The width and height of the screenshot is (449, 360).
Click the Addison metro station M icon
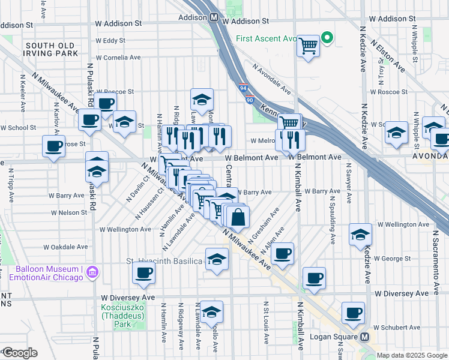[214, 18]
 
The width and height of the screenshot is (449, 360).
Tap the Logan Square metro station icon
[365, 337]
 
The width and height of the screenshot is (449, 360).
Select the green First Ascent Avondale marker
[327, 38]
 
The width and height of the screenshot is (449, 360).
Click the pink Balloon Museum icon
[92, 273]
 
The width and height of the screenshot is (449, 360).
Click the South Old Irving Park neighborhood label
[51, 49]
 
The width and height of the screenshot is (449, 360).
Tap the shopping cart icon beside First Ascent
[309, 45]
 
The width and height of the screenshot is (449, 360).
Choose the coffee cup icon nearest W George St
[282, 253]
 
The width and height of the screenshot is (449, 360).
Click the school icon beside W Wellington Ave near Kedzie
[360, 234]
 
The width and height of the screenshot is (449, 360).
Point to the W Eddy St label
[110, 41]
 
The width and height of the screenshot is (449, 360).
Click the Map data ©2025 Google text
[412, 355]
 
